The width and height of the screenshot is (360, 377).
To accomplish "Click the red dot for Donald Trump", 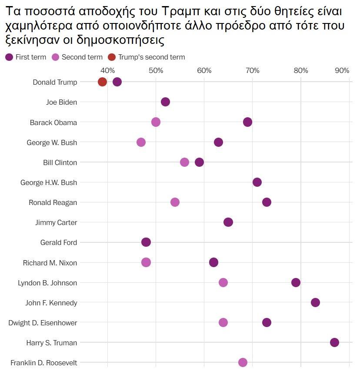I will coord(102,82).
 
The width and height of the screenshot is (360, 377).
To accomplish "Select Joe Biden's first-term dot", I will coord(165,102).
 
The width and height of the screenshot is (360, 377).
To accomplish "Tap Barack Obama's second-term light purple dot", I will coord(156,122).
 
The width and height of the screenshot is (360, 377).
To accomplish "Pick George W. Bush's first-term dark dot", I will coord(218,142).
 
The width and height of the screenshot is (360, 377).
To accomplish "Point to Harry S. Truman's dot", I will coord(334,343).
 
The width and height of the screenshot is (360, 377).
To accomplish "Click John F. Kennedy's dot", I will coord(315,303).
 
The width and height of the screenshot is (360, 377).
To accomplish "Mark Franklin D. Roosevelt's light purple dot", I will coord(243,362).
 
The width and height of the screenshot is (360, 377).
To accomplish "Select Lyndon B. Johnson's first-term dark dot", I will coord(296,283).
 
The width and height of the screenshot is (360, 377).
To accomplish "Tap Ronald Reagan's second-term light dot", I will coord(175,202).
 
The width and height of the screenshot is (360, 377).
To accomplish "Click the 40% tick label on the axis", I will coord(107,70).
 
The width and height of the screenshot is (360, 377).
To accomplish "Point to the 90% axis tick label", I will coord(342,70).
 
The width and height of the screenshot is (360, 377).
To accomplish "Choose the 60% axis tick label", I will coord(204,70).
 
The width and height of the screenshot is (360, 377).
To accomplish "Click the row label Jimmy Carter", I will coord(56,222).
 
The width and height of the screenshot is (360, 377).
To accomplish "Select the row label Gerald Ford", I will coord(58,242).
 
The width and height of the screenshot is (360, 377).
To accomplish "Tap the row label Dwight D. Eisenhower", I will coord(43,323).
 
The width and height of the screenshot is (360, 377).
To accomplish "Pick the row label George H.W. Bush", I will coord(49,182).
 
